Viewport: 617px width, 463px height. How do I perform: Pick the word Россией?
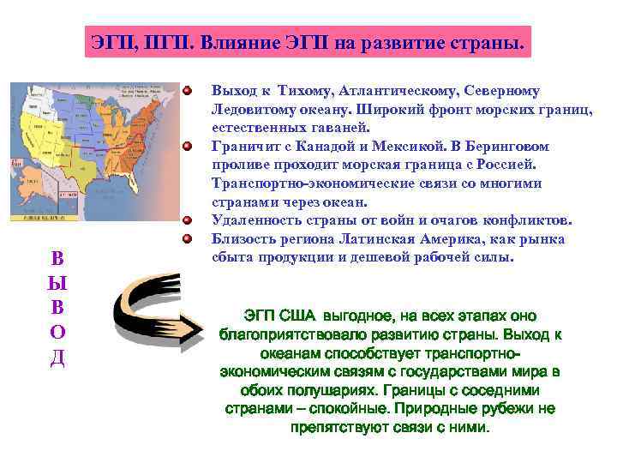(x=505, y=164)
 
